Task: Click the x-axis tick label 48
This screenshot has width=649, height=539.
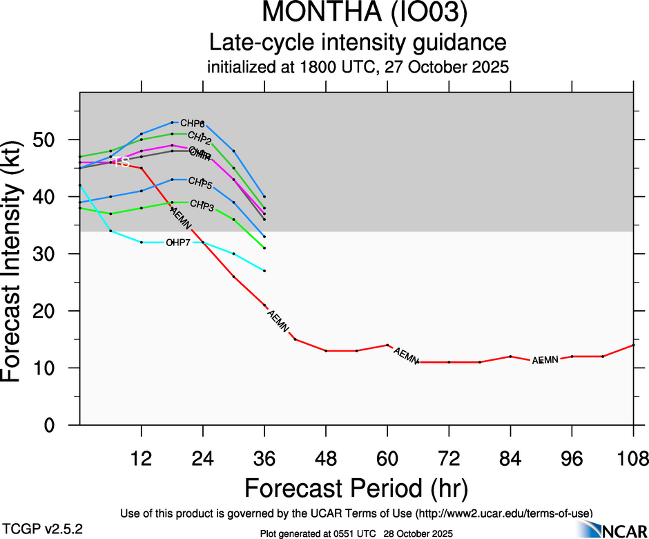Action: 326,458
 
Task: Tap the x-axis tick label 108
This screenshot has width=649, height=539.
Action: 633,458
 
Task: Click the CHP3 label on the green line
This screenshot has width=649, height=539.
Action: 202,205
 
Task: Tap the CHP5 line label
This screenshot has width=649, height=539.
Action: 200,185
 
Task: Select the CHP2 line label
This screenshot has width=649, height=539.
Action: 199,137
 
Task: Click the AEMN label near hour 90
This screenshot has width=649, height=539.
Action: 545,360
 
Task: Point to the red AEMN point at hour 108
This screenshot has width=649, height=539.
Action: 633,345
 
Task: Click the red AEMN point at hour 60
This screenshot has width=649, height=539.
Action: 387,345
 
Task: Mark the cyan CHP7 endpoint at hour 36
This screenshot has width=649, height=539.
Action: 264,271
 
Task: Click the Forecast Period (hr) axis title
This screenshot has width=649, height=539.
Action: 357,489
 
